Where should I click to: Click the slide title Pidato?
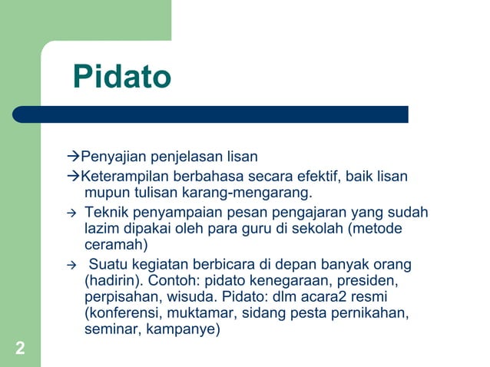[x=121, y=78]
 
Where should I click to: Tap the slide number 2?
[x=20, y=350]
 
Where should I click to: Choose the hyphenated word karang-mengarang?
[x=258, y=192]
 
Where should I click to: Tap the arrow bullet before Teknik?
[x=72, y=213]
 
